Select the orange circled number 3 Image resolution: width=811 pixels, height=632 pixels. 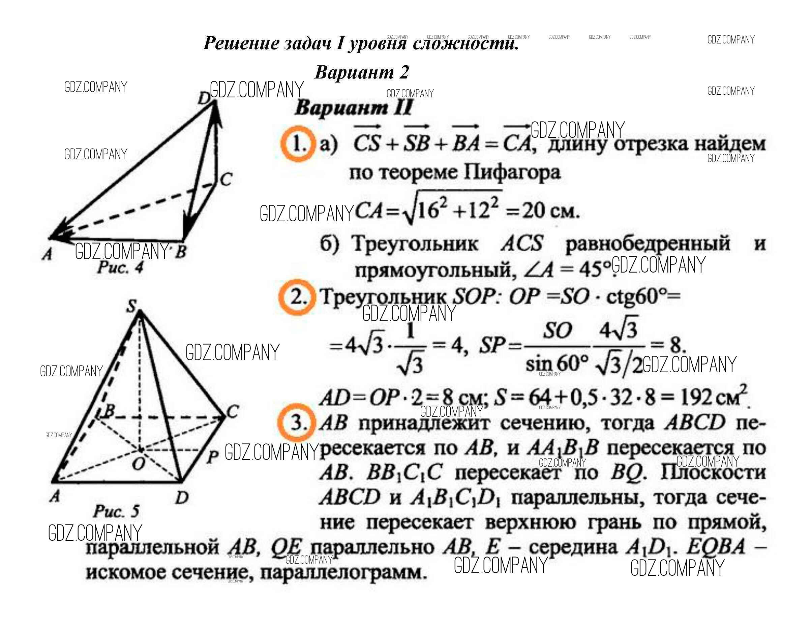point(296,422)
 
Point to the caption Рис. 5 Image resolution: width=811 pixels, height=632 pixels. point(116,511)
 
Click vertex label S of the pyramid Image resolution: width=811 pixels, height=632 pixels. point(131,307)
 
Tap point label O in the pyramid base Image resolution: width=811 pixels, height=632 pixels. point(138,464)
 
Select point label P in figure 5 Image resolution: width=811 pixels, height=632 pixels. point(212,456)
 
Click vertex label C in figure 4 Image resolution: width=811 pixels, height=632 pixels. point(226,180)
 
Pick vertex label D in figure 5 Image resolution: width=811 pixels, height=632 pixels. point(182,497)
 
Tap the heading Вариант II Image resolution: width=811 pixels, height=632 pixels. point(353,109)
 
